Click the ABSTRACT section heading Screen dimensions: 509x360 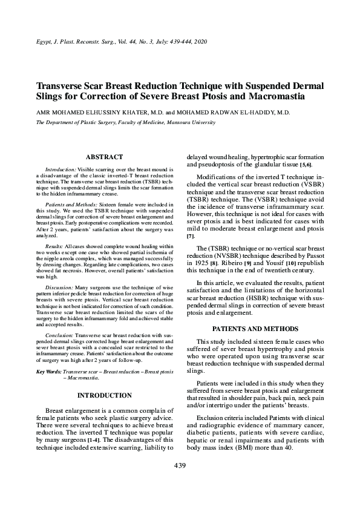click(x=105, y=157)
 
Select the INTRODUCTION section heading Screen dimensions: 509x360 click(x=105, y=395)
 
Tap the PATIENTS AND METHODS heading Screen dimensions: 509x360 click(x=255, y=329)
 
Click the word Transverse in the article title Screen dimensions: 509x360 click(x=65, y=85)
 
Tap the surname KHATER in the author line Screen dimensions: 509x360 click(x=133, y=113)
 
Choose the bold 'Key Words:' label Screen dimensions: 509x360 click(x=48, y=371)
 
